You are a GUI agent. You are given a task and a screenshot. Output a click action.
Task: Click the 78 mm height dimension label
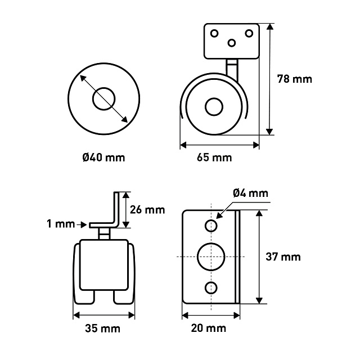[295, 79]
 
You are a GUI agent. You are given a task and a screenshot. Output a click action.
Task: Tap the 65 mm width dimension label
[214, 157]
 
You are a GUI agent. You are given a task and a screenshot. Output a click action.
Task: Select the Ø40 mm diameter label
[103, 157]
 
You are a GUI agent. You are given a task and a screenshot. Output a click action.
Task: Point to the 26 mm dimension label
[147, 210]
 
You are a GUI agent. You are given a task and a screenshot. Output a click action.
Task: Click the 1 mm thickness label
[61, 224]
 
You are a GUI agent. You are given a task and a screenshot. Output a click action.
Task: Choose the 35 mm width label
[102, 328]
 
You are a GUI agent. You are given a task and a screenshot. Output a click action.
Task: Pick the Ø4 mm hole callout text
[250, 193]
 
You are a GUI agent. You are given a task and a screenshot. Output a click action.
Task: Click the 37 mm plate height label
[283, 256]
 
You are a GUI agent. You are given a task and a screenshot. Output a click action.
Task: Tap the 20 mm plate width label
[209, 328]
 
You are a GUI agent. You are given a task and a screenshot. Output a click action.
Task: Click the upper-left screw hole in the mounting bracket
[214, 34]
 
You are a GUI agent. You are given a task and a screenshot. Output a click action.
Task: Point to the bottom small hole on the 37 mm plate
[211, 288]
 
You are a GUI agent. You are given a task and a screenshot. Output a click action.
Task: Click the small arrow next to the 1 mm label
[82, 225]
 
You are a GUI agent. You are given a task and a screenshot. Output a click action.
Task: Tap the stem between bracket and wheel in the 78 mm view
[232, 70]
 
